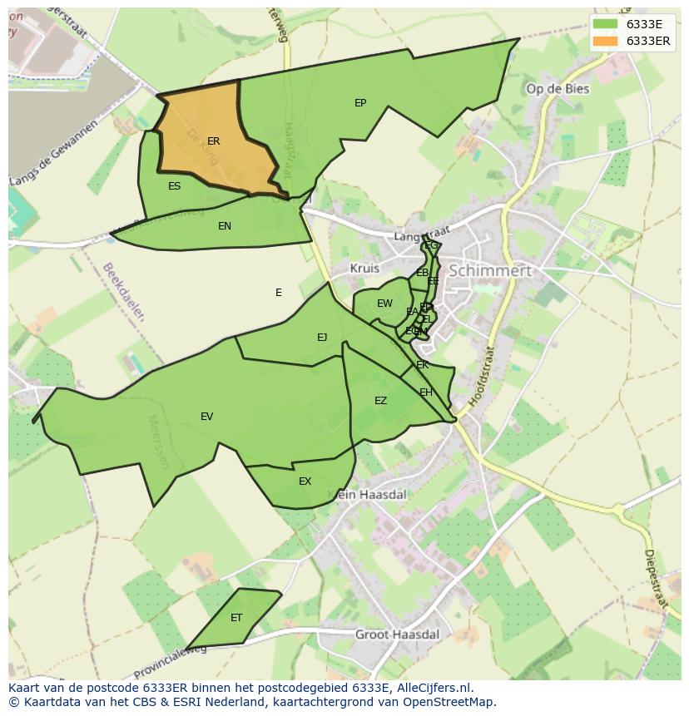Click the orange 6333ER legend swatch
pyautogui.click(x=606, y=41)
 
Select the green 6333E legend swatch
pyautogui.click(x=606, y=24)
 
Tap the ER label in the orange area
pyautogui.click(x=214, y=141)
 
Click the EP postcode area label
pyautogui.click(x=360, y=103)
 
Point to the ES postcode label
pyautogui.click(x=174, y=186)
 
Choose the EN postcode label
pyautogui.click(x=225, y=226)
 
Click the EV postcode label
pyautogui.click(x=206, y=417)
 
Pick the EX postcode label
pyautogui.click(x=305, y=481)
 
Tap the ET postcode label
pyautogui.click(x=236, y=618)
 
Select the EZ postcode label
pyautogui.click(x=380, y=401)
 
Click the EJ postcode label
pyautogui.click(x=322, y=337)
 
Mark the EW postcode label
pyautogui.click(x=384, y=304)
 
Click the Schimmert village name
pyautogui.click(x=490, y=271)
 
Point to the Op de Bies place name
pyautogui.click(x=558, y=89)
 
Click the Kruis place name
pyautogui.click(x=364, y=269)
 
